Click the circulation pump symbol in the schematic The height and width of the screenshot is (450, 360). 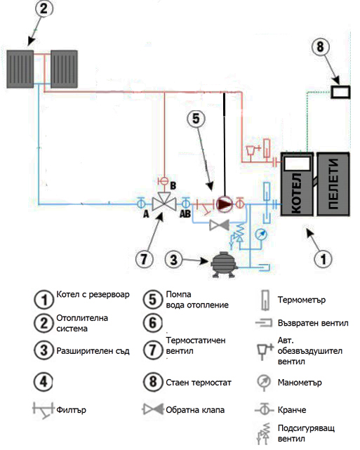point(225,204)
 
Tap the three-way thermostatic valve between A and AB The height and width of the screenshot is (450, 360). point(164,201)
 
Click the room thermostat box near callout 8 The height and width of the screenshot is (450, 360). point(340,92)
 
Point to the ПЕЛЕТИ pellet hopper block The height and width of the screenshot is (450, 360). point(333,184)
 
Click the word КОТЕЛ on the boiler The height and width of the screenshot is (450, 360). point(297,193)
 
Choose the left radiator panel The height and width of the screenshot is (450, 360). point(20,69)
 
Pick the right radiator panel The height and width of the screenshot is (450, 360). point(65,69)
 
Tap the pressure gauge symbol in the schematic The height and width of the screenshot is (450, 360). point(261,234)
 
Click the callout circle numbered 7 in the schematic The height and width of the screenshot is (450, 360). point(145,259)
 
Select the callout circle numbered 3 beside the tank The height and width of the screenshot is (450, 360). point(173,260)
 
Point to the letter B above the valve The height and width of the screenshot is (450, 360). point(173,185)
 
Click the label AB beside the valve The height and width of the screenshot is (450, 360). point(185,214)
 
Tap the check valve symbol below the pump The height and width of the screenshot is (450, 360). point(219,225)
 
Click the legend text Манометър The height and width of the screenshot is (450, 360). point(300,383)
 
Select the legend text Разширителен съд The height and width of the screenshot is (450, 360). point(93,351)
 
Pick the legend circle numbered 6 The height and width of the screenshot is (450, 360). point(153,323)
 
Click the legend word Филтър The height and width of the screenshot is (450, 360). point(71,410)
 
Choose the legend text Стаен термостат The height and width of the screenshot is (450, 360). point(199,383)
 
